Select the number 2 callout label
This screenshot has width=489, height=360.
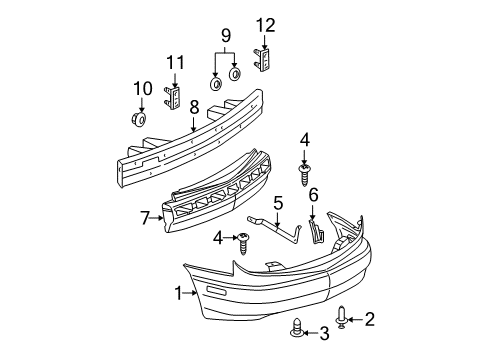369,319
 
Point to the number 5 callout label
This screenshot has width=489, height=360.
279,202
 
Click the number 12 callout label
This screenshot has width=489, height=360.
264,24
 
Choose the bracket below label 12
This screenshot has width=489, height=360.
265,59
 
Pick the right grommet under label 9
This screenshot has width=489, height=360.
237,75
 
